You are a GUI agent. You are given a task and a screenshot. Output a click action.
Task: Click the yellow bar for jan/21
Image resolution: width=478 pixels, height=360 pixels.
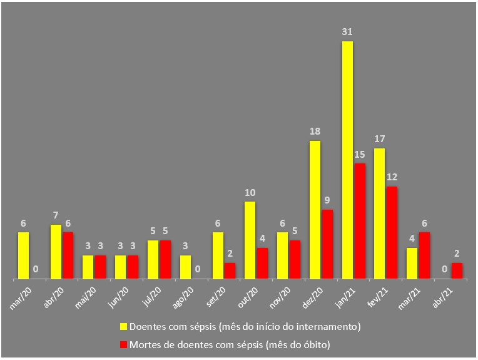pyautogui.click(x=347, y=160)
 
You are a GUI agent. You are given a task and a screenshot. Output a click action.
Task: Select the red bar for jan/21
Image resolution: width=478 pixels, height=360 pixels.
pyautogui.click(x=359, y=221)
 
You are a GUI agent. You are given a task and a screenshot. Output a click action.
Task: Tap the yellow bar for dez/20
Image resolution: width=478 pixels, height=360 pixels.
pyautogui.click(x=315, y=210)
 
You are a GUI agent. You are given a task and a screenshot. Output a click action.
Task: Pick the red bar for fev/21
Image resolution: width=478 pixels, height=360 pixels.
pyautogui.click(x=392, y=232)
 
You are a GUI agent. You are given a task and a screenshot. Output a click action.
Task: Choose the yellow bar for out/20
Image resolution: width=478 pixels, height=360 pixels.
pyautogui.click(x=250, y=240)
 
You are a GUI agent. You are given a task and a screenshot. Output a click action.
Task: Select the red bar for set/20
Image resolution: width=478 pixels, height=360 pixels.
pyautogui.click(x=230, y=270)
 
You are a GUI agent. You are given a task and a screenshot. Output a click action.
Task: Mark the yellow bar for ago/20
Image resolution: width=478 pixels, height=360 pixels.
pyautogui.click(x=185, y=267)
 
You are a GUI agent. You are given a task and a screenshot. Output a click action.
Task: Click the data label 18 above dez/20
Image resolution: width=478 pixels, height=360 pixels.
pyautogui.click(x=315, y=131)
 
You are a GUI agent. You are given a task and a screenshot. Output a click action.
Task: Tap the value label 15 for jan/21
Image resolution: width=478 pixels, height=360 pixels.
pyautogui.click(x=359, y=155)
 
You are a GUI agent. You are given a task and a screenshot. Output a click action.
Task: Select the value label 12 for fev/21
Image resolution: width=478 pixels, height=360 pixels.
pyautogui.click(x=392, y=177)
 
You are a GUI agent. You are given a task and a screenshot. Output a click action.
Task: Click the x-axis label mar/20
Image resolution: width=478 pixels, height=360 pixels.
pyautogui.click(x=21, y=294)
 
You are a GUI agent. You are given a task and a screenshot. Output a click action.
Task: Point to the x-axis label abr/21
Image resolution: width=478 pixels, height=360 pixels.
pyautogui.click(x=442, y=294)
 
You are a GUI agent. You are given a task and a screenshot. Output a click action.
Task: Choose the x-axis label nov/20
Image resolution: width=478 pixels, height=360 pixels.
pyautogui.click(x=280, y=294)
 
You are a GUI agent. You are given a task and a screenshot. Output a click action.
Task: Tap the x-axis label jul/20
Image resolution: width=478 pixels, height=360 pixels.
pyautogui.click(x=150, y=294)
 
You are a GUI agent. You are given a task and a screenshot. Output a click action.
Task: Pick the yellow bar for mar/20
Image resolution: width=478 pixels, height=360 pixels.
pyautogui.click(x=23, y=255)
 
